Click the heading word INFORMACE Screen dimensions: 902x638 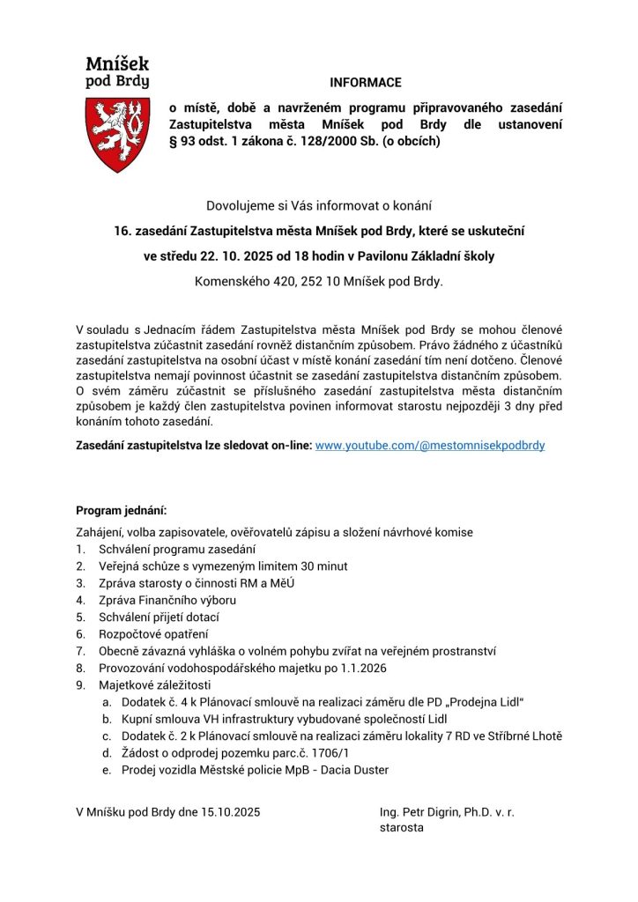tap(366, 83)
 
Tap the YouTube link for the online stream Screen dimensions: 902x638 tap(430, 446)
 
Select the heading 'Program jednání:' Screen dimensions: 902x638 tap(121, 510)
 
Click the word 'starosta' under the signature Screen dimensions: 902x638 tap(402, 829)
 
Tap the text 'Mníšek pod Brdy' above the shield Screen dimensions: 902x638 tap(117, 72)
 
